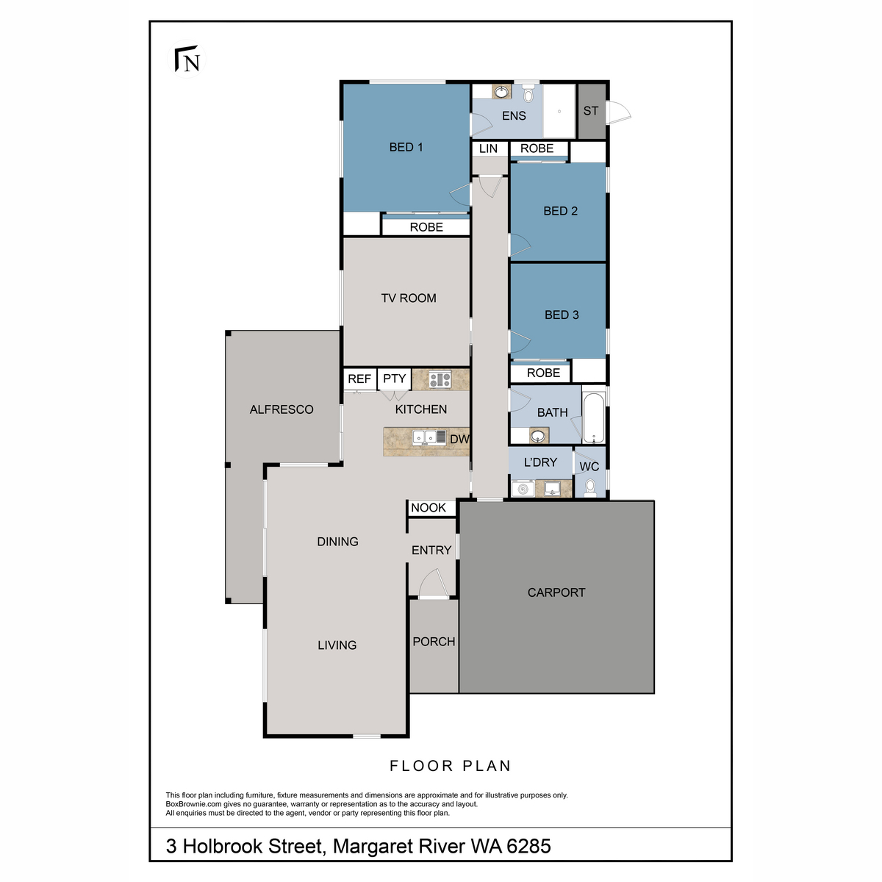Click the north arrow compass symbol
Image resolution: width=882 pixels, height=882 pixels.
188,60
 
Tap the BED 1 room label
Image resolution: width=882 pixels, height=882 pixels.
406,147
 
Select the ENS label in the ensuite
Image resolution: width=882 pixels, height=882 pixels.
514,115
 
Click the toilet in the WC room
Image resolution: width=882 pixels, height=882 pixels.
589,486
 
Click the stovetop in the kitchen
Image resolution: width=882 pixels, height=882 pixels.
440,379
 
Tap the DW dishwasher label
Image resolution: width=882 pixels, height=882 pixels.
459,440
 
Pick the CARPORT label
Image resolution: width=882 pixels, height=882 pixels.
556,592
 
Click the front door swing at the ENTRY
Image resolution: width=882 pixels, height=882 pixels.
433,586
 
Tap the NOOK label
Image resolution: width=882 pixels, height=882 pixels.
429,508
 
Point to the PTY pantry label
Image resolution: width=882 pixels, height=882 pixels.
395,379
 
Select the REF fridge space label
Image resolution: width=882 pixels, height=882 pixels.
359,379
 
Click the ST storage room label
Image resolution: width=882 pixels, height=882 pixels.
591,111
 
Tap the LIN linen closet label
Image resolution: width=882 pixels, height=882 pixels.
488,148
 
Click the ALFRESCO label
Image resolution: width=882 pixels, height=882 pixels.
282,409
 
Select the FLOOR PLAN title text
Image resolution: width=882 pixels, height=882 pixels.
450,766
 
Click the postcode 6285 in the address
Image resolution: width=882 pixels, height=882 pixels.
529,846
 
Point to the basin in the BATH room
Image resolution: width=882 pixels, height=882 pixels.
539,437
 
